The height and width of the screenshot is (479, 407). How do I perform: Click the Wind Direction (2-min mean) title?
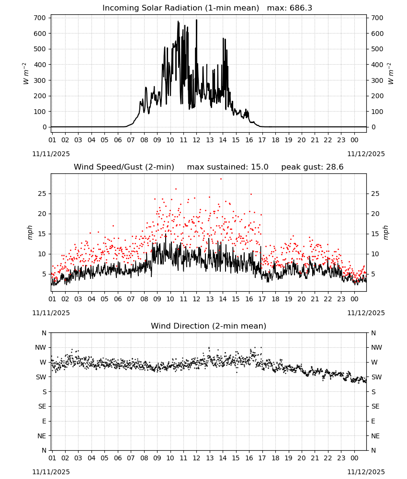[209, 326]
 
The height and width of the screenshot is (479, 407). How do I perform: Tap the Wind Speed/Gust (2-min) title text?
[124, 167]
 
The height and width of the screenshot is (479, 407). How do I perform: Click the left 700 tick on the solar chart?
[40, 18]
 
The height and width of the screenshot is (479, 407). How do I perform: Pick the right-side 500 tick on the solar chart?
[377, 49]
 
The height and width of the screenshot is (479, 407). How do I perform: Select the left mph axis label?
[30, 232]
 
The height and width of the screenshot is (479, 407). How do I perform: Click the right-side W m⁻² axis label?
[391, 73]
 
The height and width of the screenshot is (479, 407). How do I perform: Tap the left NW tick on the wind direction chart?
[41, 347]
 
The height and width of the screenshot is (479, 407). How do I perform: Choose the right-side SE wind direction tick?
[375, 406]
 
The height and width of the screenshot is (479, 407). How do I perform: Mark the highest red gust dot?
[221, 179]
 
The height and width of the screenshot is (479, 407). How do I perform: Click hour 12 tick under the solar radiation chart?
[196, 140]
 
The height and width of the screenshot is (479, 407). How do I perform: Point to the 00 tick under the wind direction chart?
[354, 458]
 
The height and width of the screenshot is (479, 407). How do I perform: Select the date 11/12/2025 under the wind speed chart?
[366, 313]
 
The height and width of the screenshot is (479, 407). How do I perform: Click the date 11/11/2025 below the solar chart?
[51, 154]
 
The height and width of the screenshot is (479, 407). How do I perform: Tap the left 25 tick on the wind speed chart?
[42, 194]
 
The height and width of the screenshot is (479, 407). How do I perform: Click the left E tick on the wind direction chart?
[44, 421]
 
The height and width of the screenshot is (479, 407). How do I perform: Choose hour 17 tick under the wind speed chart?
[262, 299]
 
